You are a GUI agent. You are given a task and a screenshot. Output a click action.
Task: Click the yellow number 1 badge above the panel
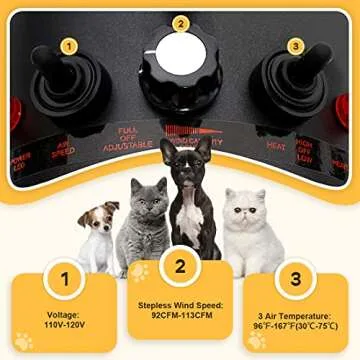(68, 45)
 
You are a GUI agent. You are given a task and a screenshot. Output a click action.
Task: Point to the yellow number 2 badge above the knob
(181, 22)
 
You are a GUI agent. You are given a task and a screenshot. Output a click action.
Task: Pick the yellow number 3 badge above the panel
(295, 45)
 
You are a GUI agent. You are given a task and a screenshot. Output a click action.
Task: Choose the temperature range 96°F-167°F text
(297, 324)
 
